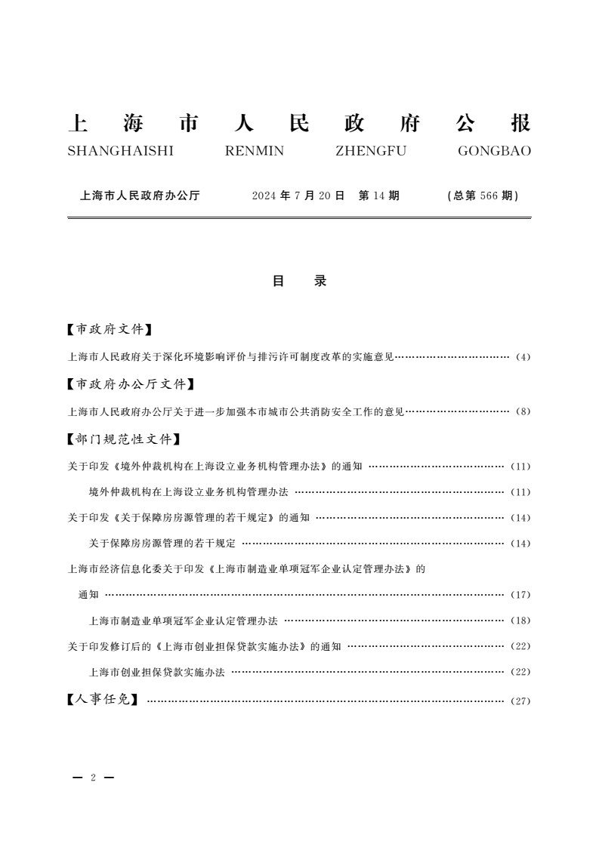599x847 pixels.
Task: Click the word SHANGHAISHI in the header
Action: (121, 151)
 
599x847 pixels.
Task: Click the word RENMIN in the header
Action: (255, 151)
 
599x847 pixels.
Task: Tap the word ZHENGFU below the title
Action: (370, 151)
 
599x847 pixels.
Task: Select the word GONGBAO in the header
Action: (494, 151)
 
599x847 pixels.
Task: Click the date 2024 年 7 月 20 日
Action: (298, 196)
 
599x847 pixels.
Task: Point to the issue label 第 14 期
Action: (378, 196)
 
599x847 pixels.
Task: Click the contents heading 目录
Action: (299, 281)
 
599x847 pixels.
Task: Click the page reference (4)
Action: (523, 357)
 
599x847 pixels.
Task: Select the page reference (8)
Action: (523, 412)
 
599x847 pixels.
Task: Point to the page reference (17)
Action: (521, 595)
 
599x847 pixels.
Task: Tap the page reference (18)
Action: (521, 621)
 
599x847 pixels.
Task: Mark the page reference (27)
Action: (521, 701)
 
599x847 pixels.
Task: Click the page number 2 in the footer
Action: (93, 778)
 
